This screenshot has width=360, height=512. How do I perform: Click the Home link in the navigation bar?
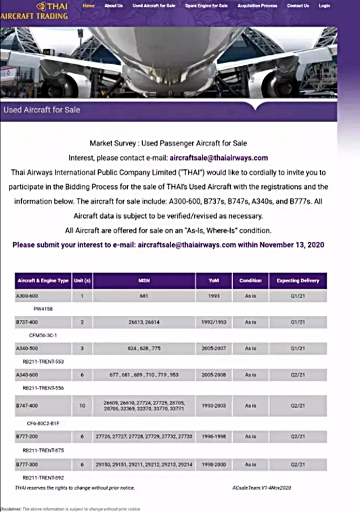88,6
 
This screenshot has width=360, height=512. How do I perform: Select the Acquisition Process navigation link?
258,6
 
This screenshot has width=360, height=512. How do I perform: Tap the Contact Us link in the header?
298,6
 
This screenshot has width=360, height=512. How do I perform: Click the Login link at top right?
324,6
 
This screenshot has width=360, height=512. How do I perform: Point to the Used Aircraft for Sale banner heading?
42,110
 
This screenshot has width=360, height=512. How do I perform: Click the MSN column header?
144,281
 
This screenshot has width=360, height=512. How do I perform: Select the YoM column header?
214,281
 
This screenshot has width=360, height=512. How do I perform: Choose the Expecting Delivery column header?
298,281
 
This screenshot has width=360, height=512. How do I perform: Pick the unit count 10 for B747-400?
82,406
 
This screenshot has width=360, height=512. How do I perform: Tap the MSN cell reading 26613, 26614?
144,321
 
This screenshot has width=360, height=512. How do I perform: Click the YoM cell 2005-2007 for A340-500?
214,348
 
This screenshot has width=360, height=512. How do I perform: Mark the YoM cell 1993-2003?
214,406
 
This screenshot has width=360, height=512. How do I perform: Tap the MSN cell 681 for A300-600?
144,296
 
